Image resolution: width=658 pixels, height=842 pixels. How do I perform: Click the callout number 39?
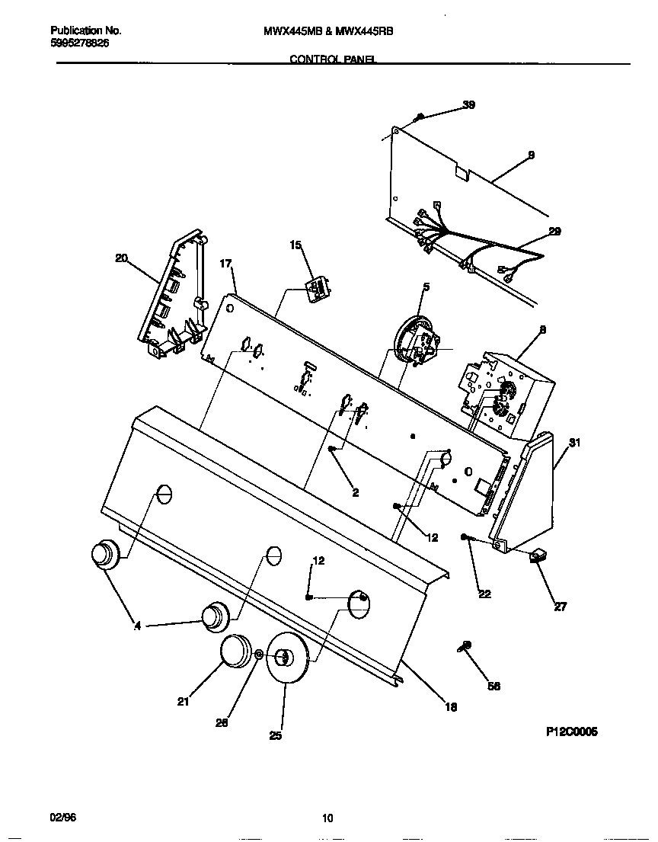[468, 105]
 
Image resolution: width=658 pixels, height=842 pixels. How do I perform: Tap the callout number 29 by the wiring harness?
[554, 232]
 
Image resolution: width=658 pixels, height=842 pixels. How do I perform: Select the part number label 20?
[121, 258]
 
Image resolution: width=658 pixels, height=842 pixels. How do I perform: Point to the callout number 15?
[295, 245]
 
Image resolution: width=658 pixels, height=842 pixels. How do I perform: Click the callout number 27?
[560, 607]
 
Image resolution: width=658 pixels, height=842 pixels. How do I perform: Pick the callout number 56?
[493, 686]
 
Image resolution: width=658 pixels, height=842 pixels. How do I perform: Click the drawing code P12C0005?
[571, 732]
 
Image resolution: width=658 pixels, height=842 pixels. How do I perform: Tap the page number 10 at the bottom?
[327, 819]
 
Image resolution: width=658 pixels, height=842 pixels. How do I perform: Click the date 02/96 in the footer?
[63, 818]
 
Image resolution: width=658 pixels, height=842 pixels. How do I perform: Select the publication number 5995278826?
[80, 44]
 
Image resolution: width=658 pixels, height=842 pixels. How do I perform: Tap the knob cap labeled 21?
[235, 652]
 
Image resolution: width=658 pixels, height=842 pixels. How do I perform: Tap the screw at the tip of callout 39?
[420, 117]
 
